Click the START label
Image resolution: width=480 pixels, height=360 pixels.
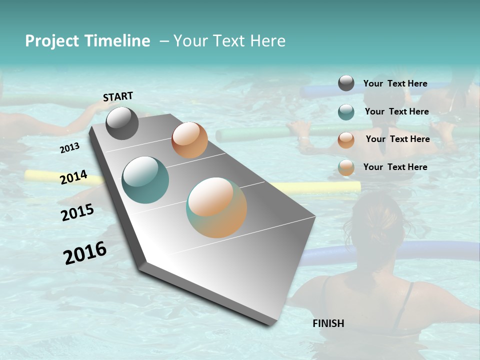pyautogui.click(x=118, y=96)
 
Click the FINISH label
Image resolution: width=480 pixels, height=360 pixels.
pyautogui.click(x=328, y=323)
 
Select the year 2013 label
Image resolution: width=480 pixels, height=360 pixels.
pyautogui.click(x=69, y=148)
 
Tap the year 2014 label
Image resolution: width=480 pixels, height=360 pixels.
pyautogui.click(x=73, y=177)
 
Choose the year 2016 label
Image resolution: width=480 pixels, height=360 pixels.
pyautogui.click(x=85, y=253)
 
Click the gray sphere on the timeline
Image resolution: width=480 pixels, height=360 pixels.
pyautogui.click(x=122, y=123)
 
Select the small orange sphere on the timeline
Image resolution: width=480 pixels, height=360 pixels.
pyautogui.click(x=189, y=140)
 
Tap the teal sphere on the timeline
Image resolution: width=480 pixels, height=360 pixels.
pyautogui.click(x=145, y=180)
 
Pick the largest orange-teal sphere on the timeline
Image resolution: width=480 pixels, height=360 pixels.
pyautogui.click(x=216, y=207)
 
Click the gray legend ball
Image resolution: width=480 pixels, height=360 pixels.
pyautogui.click(x=346, y=83)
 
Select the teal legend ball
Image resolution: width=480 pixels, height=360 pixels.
pyautogui.click(x=346, y=112)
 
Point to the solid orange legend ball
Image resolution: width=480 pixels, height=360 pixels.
pyautogui.click(x=346, y=140)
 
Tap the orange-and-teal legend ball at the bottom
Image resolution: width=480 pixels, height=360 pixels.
pyautogui.click(x=346, y=167)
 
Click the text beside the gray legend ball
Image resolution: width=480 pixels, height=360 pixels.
pyautogui.click(x=395, y=83)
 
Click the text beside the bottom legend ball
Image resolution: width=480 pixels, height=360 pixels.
pyautogui.click(x=395, y=167)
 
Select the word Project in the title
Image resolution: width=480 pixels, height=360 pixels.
pyautogui.click(x=52, y=41)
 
